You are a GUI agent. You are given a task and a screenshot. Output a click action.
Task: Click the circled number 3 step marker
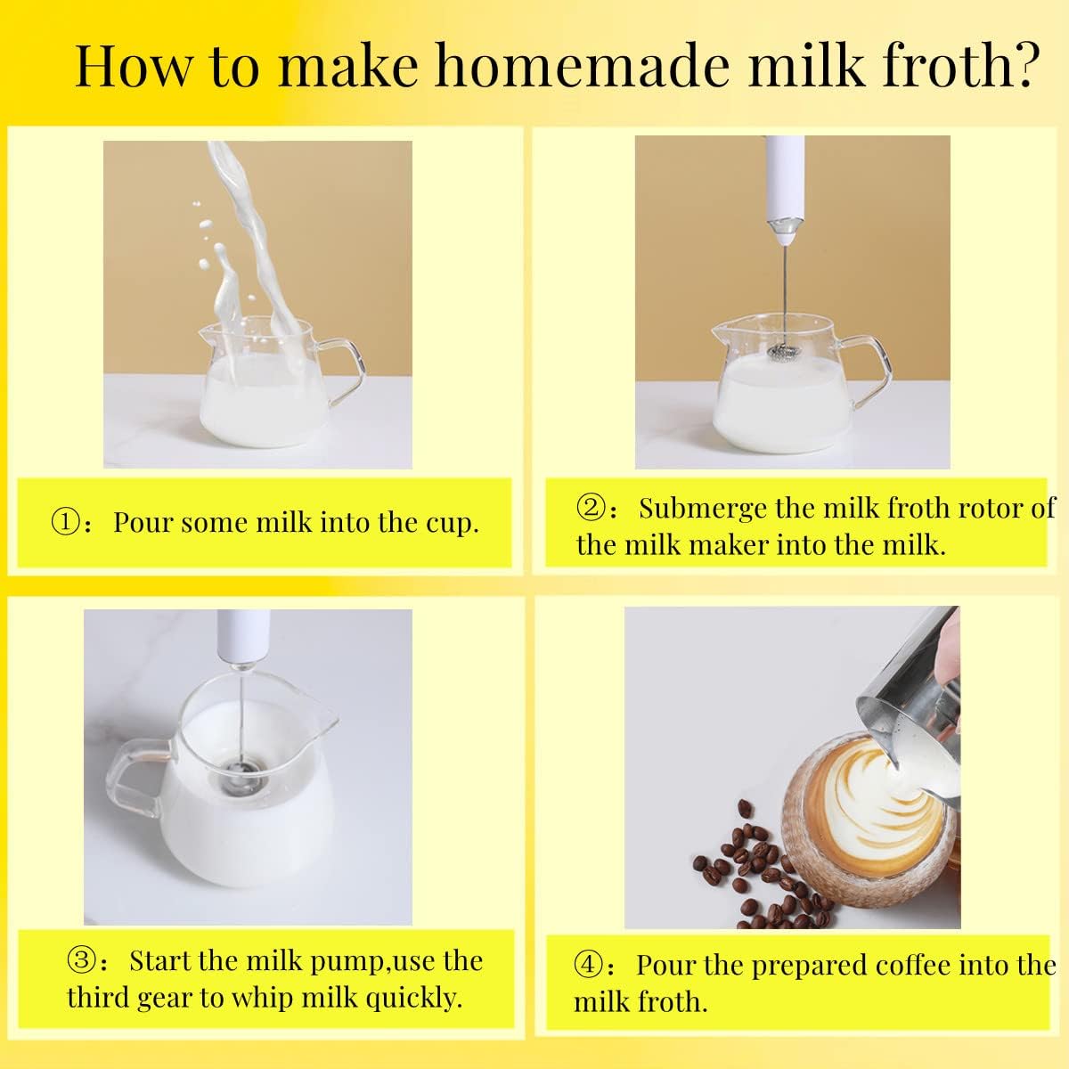coord(83,959)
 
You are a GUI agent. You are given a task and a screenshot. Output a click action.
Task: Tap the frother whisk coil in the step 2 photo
coord(785,351)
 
